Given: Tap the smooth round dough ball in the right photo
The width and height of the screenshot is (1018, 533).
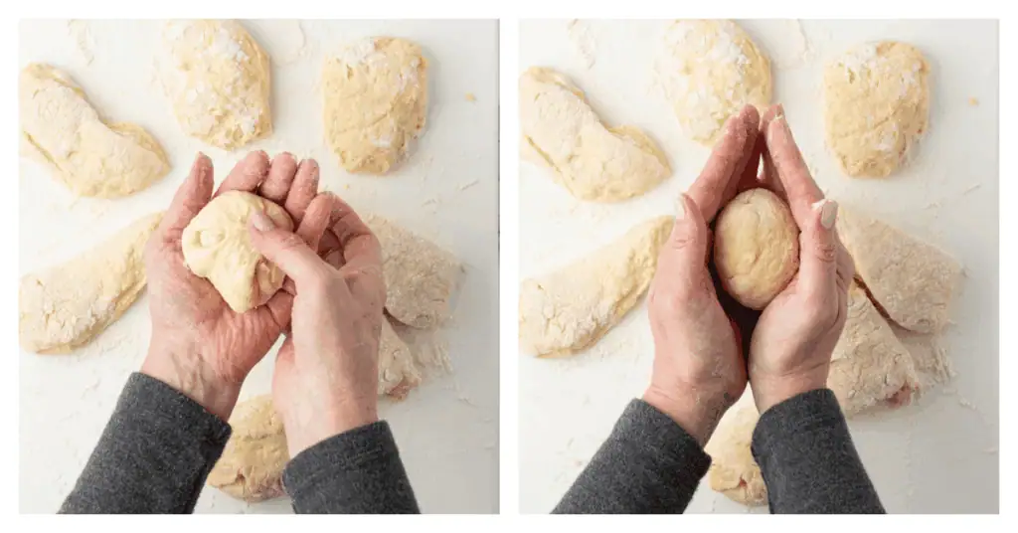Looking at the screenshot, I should click(756, 248).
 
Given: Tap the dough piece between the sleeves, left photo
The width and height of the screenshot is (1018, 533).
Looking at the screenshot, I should click(251, 447).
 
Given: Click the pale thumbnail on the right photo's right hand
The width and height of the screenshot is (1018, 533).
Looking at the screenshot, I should click(828, 214).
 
